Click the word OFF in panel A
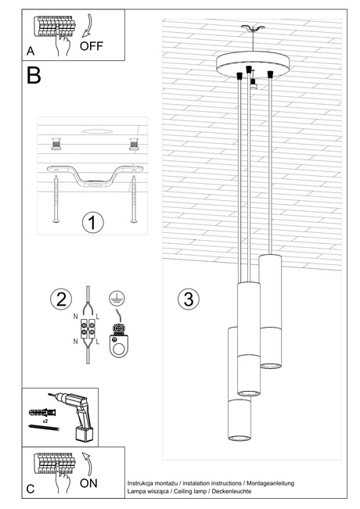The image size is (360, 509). [92, 46]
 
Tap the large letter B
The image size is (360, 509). [34, 76]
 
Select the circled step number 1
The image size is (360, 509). [92, 222]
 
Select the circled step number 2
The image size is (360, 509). [59, 299]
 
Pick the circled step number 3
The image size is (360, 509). [186, 299]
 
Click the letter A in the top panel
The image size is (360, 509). [30, 51]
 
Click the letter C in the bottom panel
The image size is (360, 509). [30, 489]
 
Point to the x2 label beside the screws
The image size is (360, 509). [45, 421]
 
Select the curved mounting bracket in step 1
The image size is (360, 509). [93, 174]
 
